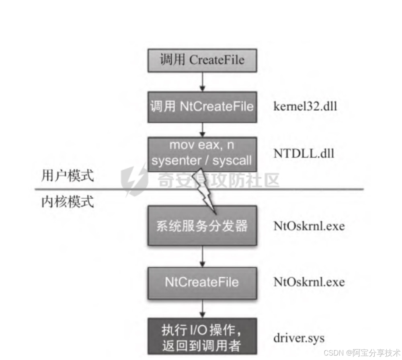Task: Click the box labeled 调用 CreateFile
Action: pyautogui.click(x=202, y=60)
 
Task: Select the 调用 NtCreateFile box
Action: pyautogui.click(x=202, y=107)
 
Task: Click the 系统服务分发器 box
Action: pyautogui.click(x=202, y=226)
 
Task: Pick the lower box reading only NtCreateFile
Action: pyautogui.click(x=202, y=282)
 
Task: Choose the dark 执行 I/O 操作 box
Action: pyautogui.click(x=202, y=336)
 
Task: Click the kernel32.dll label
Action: pyautogui.click(x=305, y=107)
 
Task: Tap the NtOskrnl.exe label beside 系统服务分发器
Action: pyautogui.click(x=309, y=226)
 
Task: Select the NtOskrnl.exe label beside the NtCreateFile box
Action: pyautogui.click(x=309, y=282)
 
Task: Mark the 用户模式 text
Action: pyautogui.click(x=68, y=176)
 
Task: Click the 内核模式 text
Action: pyautogui.click(x=68, y=201)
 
